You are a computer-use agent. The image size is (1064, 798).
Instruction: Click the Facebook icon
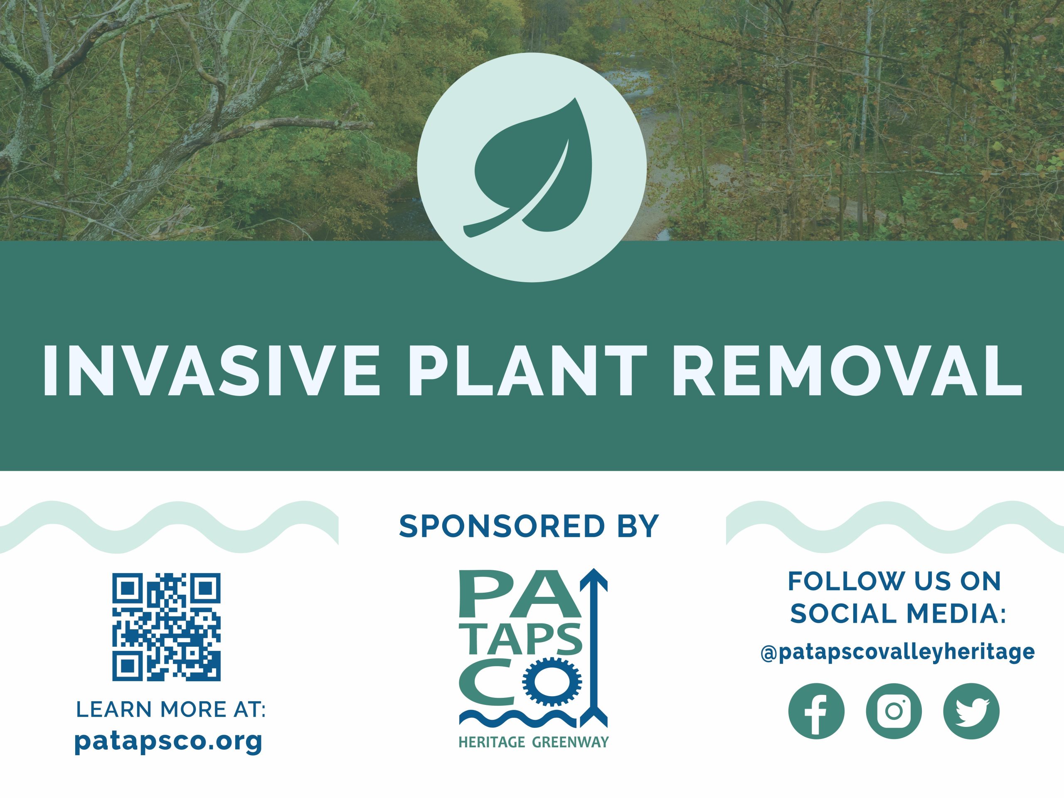click(x=816, y=711)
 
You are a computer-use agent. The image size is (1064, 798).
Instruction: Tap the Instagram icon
click(x=894, y=711)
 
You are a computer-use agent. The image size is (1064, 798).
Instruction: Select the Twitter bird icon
click(x=971, y=711)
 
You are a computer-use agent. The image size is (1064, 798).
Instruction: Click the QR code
click(x=166, y=627)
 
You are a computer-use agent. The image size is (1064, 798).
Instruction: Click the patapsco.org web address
click(x=168, y=742)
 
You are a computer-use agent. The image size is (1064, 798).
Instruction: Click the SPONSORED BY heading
click(x=529, y=526)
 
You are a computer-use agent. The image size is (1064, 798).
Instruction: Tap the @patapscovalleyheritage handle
click(x=898, y=653)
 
